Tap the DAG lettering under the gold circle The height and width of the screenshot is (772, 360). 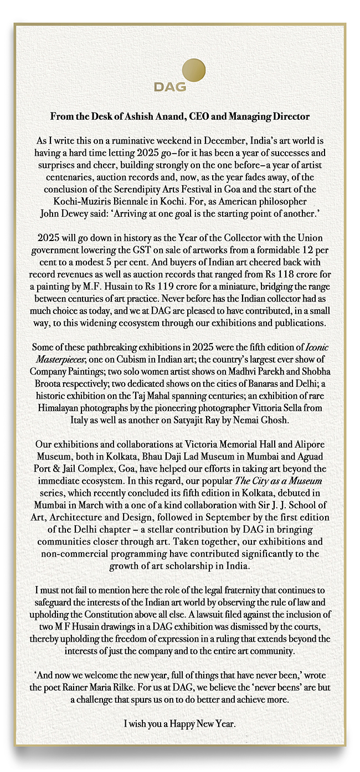170,88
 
